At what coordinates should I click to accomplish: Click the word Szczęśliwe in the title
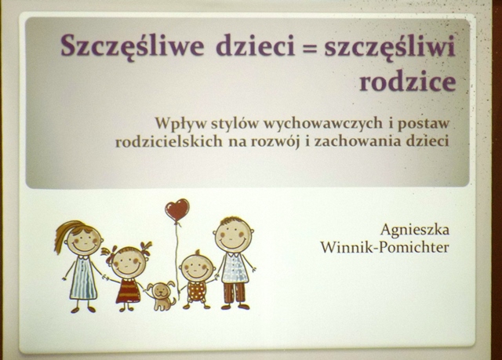(x=133, y=47)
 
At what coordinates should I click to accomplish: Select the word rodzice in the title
(x=408, y=82)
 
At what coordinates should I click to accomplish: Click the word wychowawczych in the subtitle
(x=322, y=124)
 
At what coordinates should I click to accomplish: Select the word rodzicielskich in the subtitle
(x=169, y=141)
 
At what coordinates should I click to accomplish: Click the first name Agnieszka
(x=415, y=230)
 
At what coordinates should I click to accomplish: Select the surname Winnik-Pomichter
(x=385, y=247)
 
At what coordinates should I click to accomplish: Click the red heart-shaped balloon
(x=177, y=210)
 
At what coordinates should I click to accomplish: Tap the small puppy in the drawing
(x=162, y=296)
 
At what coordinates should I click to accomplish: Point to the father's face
(x=234, y=235)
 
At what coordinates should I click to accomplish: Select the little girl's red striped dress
(x=128, y=290)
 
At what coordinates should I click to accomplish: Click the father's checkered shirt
(x=235, y=267)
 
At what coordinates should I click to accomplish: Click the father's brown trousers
(x=235, y=293)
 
